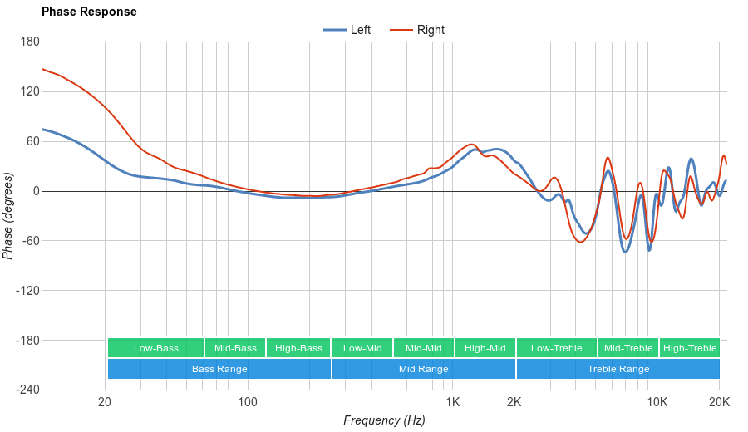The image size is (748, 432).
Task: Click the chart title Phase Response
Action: pos(89,12)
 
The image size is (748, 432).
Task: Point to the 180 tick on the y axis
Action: pos(30,42)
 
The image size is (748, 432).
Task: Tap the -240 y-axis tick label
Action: pos(27,390)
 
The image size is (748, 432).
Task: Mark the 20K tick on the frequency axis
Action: pos(719,403)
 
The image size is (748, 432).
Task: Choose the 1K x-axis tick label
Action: pos(452,403)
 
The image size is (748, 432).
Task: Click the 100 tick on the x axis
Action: pos(248,403)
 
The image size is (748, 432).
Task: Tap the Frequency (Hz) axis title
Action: pos(384,420)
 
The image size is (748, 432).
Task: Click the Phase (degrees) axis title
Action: pos(8,216)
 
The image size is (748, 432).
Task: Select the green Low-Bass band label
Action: pos(155,348)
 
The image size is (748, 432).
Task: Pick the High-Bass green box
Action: pos(298,348)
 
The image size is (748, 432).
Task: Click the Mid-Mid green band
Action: pos(423,348)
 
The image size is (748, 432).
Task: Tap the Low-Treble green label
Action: pos(556,348)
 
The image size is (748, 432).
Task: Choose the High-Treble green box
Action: pos(690,348)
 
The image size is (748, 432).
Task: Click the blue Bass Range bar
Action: pos(219,369)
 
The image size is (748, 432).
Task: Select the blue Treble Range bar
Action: pos(618,369)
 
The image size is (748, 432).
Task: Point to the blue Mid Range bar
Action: pos(423,369)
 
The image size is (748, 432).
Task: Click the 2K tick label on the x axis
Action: pos(514,403)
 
